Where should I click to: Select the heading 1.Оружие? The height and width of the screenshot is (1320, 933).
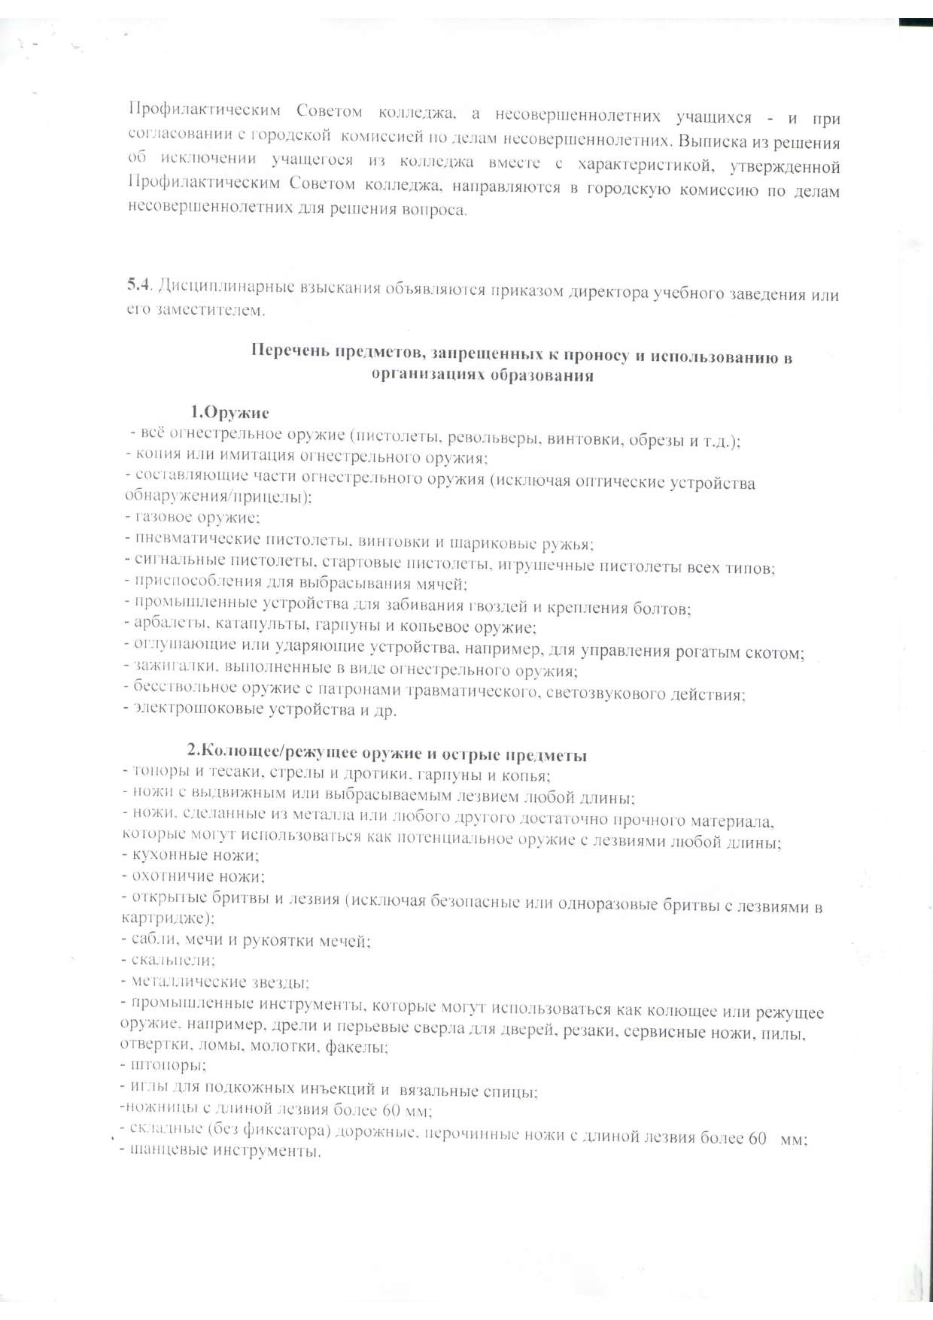[229, 412]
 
